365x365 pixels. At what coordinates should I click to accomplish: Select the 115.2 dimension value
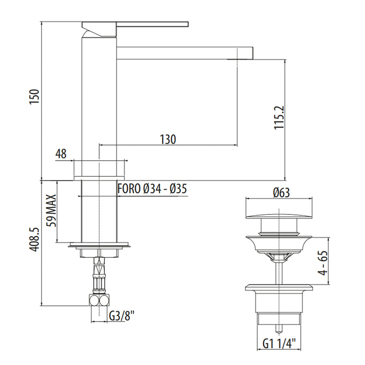tap(279, 118)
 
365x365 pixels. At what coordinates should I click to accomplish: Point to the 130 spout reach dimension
tap(168, 139)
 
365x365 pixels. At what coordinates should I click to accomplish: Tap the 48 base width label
tap(61, 154)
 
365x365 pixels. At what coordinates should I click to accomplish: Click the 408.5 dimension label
tap(35, 240)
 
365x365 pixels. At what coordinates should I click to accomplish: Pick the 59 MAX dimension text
tap(52, 210)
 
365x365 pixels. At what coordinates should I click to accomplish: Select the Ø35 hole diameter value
tap(178, 188)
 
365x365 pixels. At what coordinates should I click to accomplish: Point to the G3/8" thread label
tap(122, 316)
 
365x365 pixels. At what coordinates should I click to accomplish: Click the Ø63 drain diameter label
tap(282, 193)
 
